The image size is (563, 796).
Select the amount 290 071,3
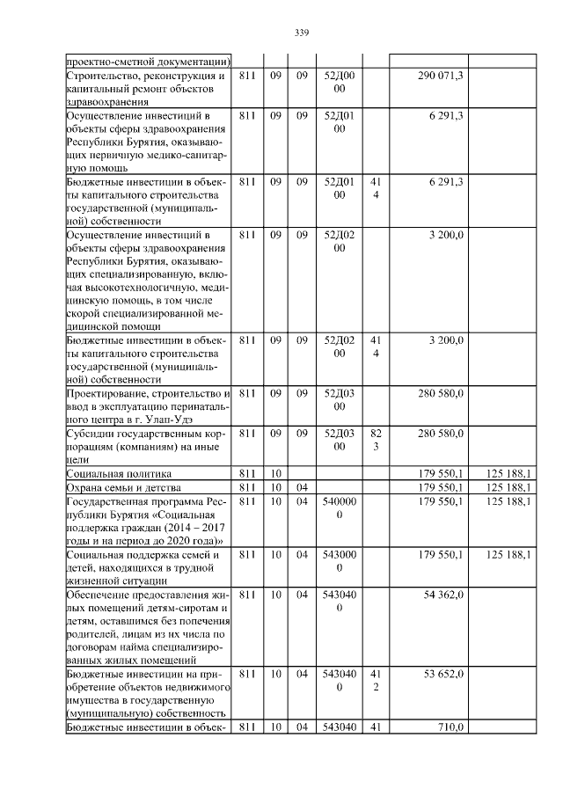pyautogui.click(x=441, y=77)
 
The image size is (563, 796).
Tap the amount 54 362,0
pyautogui.click(x=443, y=596)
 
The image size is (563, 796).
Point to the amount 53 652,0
pyautogui.click(x=443, y=673)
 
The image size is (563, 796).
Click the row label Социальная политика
pyautogui.click(x=110, y=473)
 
